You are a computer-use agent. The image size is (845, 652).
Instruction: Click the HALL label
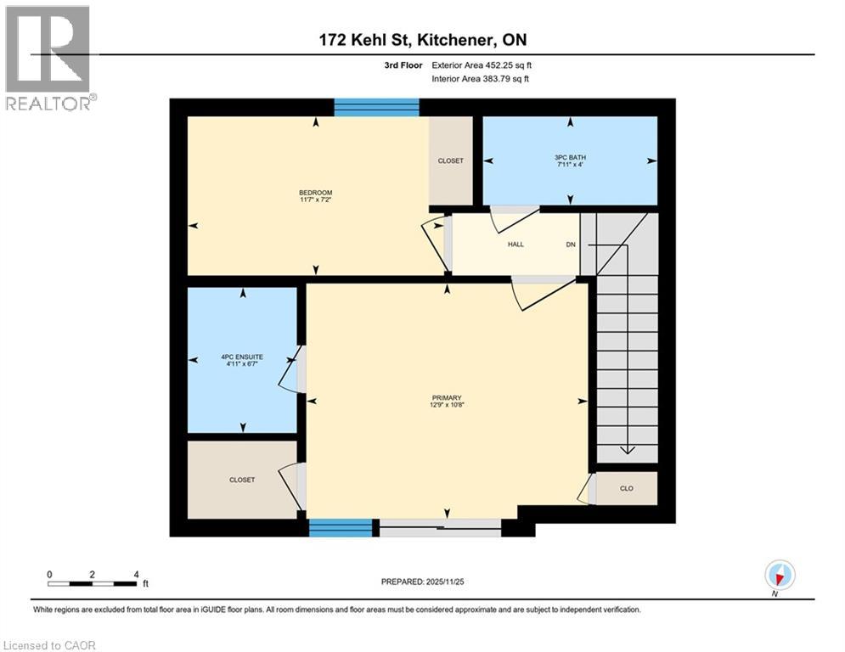point(515,244)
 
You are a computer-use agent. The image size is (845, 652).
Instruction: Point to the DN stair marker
point(572,244)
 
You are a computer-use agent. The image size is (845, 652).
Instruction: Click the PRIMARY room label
point(446,401)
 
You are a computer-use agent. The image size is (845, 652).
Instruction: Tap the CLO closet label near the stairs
point(627,488)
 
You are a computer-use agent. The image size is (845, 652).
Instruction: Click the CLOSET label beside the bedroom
point(451,160)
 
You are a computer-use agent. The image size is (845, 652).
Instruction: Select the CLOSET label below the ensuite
point(242,480)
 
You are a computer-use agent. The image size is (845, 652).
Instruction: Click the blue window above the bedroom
point(376,107)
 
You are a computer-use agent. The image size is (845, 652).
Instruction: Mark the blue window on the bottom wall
point(341,528)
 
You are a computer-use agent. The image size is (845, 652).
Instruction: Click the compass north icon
point(779,576)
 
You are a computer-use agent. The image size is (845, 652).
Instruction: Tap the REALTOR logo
point(49,58)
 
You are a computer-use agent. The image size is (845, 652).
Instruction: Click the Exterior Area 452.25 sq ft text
point(482,65)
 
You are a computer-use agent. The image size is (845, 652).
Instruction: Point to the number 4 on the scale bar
point(137,574)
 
